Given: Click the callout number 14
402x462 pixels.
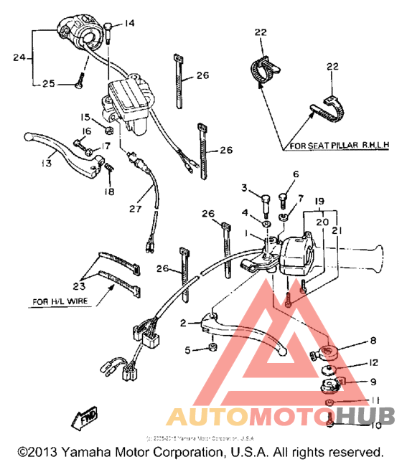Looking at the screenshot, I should (129, 24).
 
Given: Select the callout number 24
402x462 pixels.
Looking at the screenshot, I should (19, 57).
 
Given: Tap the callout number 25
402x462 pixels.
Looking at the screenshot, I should (48, 84).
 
